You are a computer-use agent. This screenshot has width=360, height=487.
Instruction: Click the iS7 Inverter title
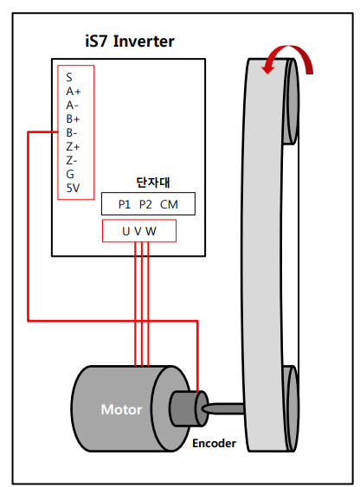coord(130,42)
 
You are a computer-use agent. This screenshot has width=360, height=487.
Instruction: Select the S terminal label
coord(69,77)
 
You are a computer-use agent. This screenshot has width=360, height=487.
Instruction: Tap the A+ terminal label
coord(74,92)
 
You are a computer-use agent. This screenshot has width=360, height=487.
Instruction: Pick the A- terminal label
coord(72,106)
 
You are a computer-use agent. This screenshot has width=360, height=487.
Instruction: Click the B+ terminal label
coord(73,119)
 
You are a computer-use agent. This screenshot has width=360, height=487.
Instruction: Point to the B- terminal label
coord(72,133)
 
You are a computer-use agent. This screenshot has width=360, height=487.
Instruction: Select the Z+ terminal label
coord(73,146)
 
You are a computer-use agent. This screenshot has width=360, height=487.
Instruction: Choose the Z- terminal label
coord(72,160)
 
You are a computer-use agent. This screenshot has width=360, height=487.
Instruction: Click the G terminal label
coord(70,174)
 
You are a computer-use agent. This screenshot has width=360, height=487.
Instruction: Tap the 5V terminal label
coord(73,188)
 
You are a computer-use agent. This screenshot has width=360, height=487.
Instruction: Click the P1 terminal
coord(125,204)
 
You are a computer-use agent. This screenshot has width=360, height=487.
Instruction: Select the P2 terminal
coord(145,204)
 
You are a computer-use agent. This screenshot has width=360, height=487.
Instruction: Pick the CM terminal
coord(169,204)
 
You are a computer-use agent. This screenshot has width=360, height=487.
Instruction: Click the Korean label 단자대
coord(153,183)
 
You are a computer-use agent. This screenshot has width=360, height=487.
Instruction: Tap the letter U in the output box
coord(125,231)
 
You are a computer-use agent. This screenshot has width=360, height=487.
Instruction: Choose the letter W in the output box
coord(151,231)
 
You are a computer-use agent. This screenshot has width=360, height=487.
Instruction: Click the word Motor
coord(121,410)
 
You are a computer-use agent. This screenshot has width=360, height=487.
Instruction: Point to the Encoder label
coord(214,443)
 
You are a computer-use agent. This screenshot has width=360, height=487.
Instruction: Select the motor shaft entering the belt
coord(222,408)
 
